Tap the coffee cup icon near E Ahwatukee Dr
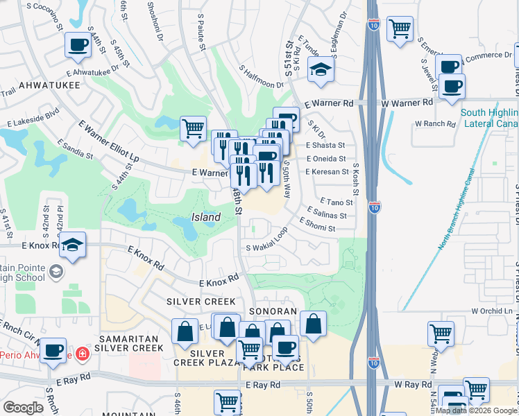78,45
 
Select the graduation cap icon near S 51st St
321,69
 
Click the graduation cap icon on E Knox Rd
72,245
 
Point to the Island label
206,217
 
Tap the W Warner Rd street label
407,103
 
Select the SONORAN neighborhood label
274,312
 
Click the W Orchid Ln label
491,310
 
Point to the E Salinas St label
326,216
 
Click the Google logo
23,408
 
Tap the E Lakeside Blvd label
33,119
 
